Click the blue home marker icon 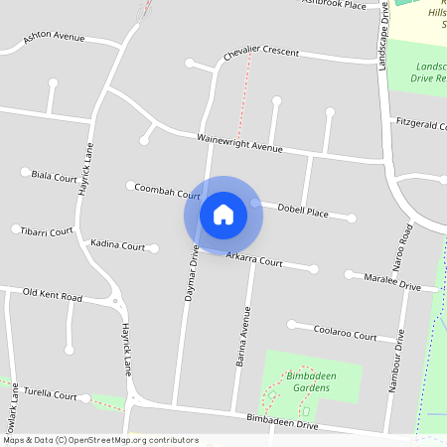(223, 214)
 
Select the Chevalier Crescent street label (260, 53)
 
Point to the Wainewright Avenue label (239, 143)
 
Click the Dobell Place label (303, 212)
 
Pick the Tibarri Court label (48, 230)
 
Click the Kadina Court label (117, 244)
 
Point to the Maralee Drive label (392, 281)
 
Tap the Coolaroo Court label (345, 333)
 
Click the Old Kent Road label (53, 295)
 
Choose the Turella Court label (51, 394)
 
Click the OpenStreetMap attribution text (99, 440)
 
